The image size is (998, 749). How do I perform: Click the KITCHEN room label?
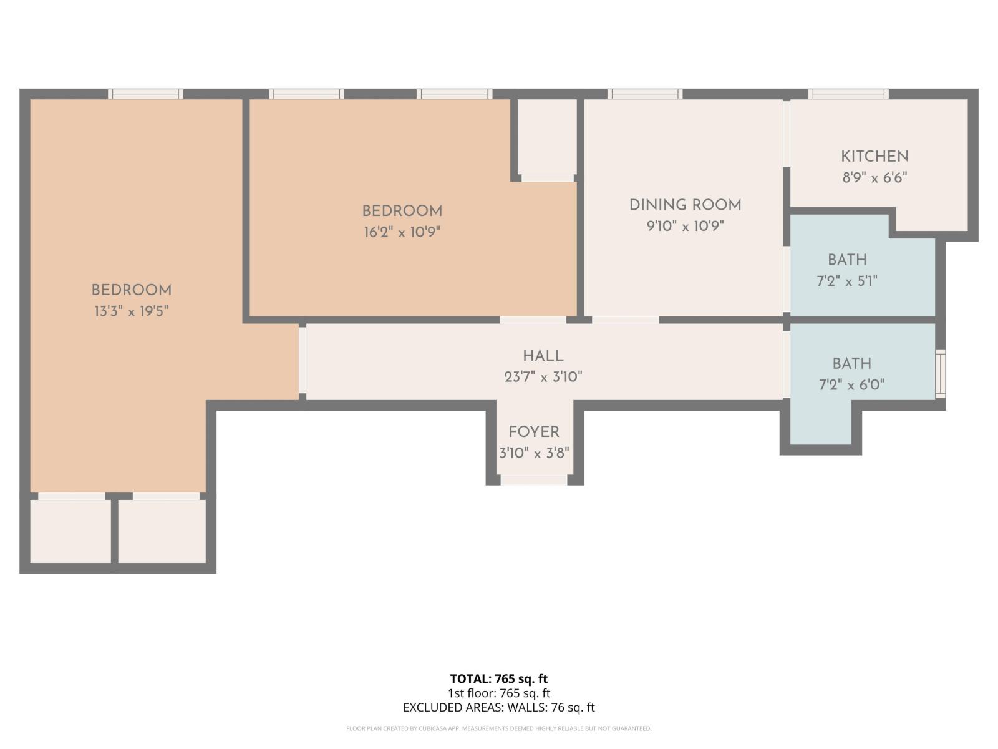(874, 156)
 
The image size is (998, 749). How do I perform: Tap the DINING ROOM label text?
(685, 205)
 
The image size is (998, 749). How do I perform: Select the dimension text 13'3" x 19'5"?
(132, 311)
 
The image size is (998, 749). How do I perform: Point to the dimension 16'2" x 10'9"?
(402, 232)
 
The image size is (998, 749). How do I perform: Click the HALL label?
(543, 356)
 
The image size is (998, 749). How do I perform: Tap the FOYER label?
(534, 432)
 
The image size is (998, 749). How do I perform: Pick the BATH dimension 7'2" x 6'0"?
(851, 384)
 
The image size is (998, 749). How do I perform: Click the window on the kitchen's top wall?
(848, 94)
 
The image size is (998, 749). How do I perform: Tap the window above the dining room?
(645, 94)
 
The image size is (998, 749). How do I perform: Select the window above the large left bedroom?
(145, 94)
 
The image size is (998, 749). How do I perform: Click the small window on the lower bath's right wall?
(940, 374)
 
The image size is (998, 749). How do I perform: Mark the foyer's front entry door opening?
(534, 479)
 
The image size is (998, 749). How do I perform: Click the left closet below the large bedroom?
(70, 531)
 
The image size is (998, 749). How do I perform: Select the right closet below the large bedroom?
(162, 531)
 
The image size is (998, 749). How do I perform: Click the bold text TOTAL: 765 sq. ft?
(499, 678)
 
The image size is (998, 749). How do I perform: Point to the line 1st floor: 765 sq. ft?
(499, 693)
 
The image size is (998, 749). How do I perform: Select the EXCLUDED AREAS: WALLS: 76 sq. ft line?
(499, 707)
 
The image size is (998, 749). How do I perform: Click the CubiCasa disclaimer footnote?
(499, 728)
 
